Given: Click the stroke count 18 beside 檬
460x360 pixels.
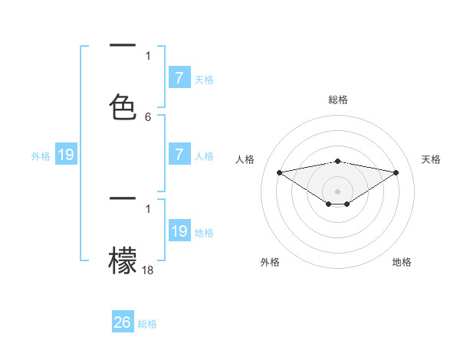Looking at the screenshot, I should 148,270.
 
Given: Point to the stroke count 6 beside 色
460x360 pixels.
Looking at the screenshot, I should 148,117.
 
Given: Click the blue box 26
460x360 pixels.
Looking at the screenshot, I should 123,322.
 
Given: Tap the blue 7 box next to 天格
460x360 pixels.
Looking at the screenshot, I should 179,77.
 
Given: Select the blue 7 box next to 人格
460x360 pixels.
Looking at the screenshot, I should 179,155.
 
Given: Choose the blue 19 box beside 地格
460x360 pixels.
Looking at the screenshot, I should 179,231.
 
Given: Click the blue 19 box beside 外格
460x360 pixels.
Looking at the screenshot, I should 66,155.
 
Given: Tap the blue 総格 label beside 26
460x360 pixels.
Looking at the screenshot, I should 147,324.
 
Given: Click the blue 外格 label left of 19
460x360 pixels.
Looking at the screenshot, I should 41,156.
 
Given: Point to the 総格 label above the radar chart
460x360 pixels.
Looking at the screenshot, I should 338,100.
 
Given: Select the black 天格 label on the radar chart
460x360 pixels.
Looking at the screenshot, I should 432,159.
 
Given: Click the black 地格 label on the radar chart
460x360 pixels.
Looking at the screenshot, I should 402,262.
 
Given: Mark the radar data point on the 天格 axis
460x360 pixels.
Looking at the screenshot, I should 396,172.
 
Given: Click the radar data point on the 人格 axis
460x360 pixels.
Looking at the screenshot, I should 279,172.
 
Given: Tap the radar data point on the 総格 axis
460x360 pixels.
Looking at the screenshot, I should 338,161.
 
